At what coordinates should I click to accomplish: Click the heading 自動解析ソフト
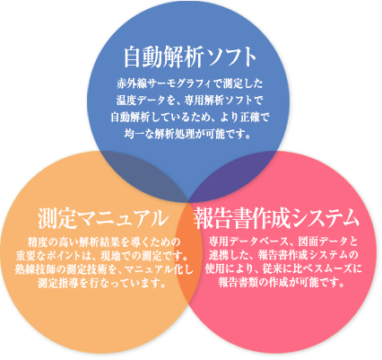190,57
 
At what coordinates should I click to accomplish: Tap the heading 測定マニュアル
103,218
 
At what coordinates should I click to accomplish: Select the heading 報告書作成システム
276,218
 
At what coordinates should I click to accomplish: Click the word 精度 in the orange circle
37,241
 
